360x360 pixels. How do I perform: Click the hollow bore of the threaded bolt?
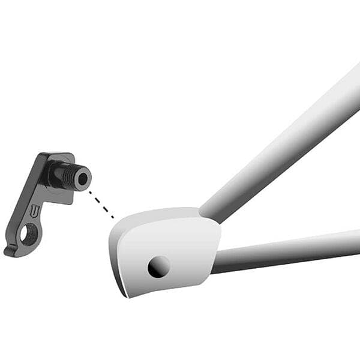point(82,178)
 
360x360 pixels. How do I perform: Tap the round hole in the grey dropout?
point(158,266)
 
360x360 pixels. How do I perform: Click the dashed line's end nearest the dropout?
point(113,217)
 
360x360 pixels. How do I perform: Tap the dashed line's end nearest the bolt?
point(89,191)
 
